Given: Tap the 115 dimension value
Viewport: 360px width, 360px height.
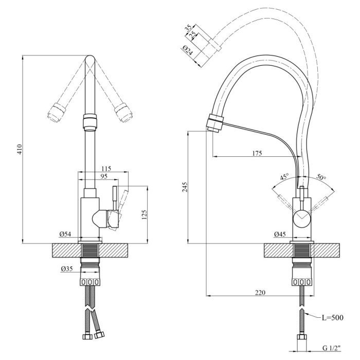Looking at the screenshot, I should [106, 168].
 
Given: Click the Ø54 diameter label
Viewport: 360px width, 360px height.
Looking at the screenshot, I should [65, 235].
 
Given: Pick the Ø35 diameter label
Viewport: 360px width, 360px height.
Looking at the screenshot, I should [66, 269].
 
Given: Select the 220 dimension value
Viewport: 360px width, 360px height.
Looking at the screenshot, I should [260, 292].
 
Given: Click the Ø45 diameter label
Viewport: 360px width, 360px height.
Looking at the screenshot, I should [280, 235].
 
